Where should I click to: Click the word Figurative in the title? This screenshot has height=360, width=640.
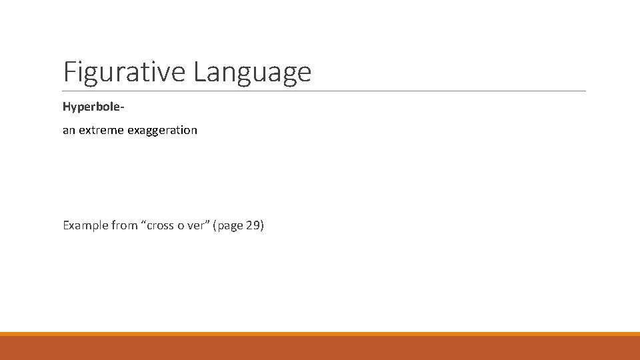coord(125,71)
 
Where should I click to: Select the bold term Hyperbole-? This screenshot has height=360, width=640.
coord(90,107)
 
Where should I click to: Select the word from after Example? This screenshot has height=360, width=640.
coord(125,225)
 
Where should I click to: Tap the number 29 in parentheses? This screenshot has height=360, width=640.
coord(253,225)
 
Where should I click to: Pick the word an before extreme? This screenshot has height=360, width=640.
coord(69,131)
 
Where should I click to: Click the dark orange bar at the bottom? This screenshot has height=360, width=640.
coord(320,348)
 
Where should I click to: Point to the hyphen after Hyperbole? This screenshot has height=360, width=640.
coord(115,107)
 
